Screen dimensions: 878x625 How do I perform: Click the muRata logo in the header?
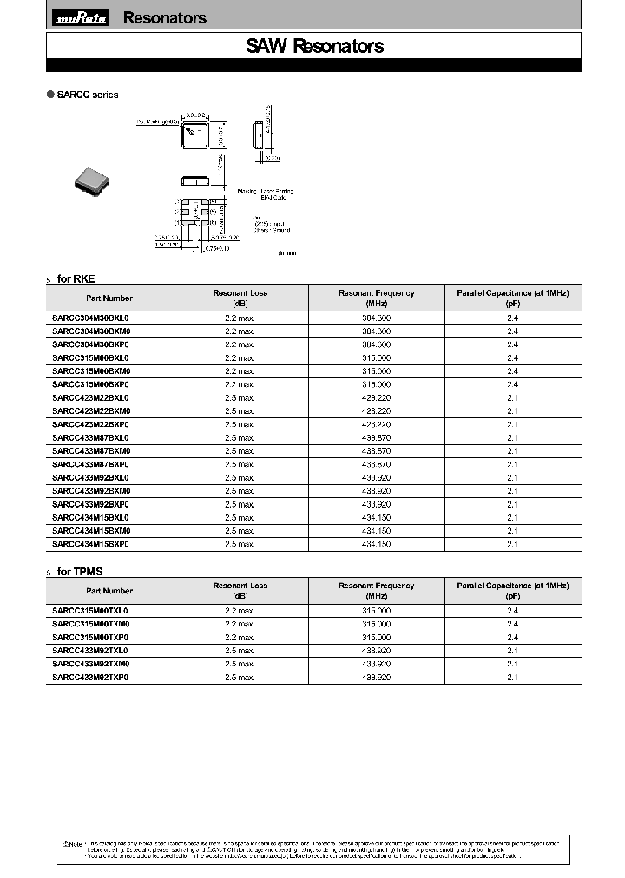click(81, 18)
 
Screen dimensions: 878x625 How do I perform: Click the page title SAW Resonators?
click(314, 47)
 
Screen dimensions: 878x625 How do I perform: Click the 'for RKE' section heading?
click(76, 278)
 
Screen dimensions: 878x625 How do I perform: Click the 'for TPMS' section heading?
click(80, 571)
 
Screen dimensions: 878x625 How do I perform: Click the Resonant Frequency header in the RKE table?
click(376, 298)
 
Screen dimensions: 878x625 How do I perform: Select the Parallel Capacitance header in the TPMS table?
click(512, 591)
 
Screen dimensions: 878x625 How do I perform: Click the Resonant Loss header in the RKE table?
click(240, 298)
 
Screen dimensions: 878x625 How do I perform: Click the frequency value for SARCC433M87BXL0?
click(376, 438)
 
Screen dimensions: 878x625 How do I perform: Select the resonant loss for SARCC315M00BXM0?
click(240, 370)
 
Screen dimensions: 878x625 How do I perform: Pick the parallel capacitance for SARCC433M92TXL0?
click(512, 651)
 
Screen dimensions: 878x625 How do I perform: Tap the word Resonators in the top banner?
click(165, 18)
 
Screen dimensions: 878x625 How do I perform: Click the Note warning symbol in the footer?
click(65, 843)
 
